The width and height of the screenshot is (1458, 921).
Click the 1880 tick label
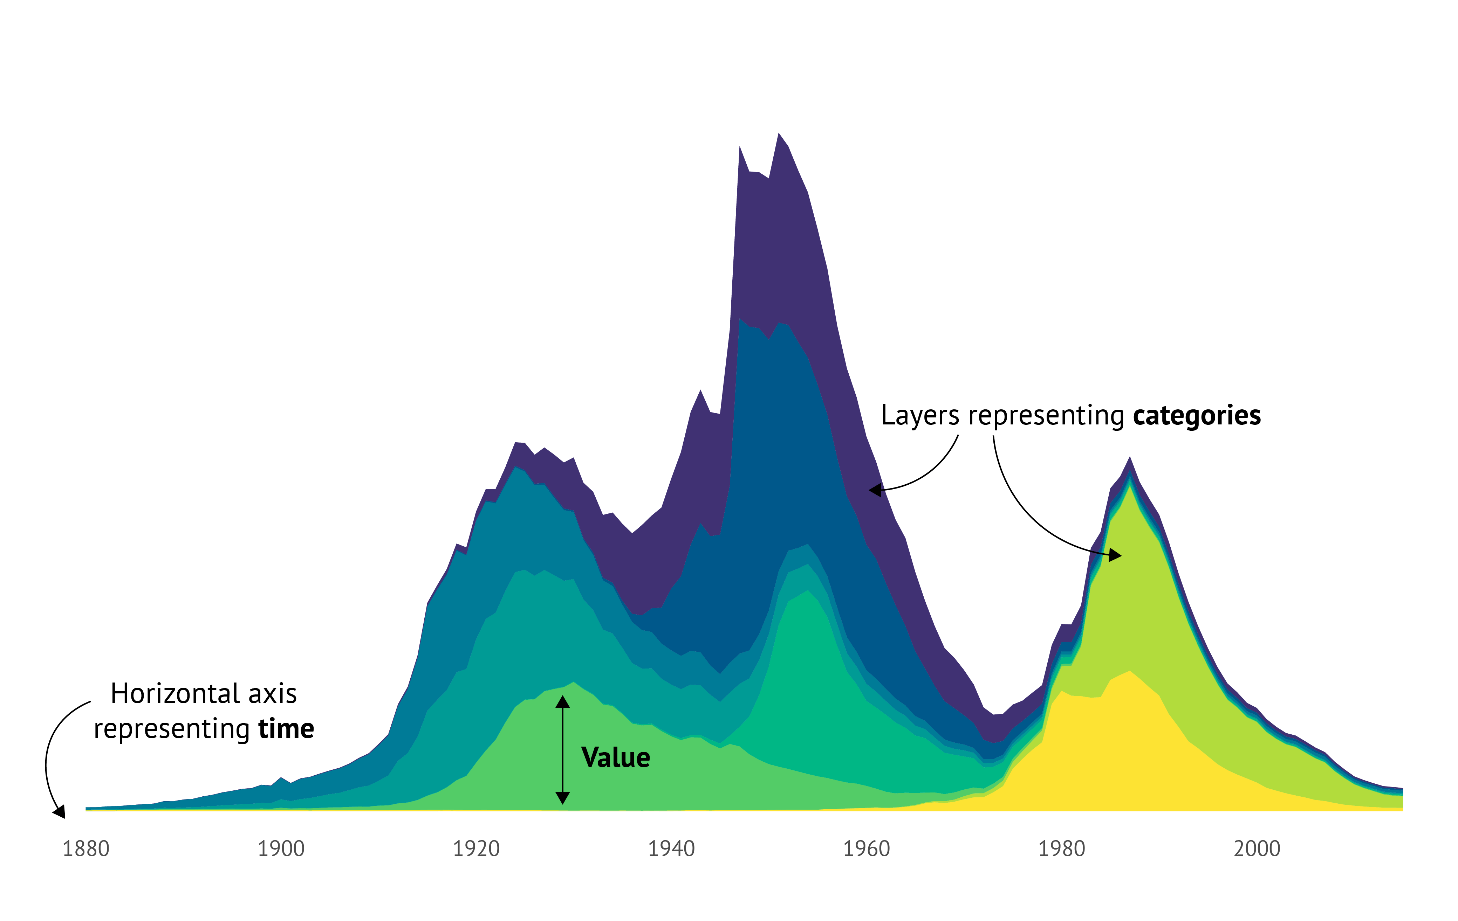tap(86, 849)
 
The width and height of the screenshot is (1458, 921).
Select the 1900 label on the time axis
tap(281, 849)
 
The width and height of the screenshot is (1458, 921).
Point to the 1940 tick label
tap(671, 849)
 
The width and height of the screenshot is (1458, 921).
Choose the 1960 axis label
tap(867, 849)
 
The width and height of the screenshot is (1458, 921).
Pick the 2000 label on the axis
tap(1257, 849)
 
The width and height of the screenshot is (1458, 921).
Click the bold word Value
tap(615, 757)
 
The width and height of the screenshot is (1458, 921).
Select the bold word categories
tap(1197, 416)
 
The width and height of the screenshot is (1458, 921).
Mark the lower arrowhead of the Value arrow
tap(562, 797)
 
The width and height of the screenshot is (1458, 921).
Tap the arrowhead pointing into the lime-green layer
tap(1115, 555)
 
